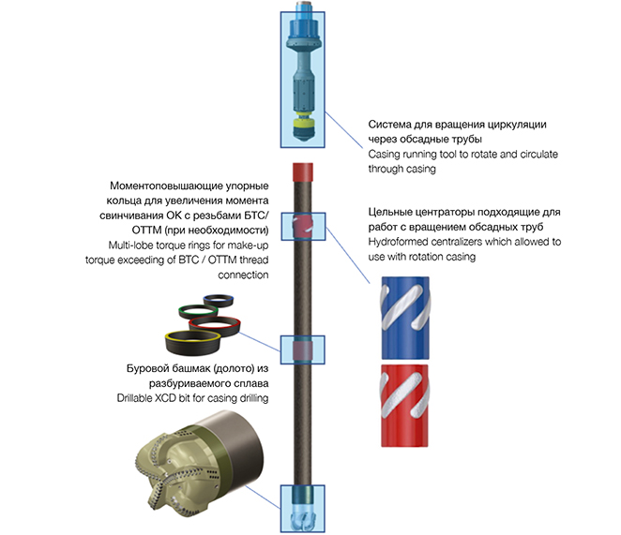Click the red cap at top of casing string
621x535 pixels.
point(303,171)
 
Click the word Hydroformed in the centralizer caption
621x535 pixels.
point(405,242)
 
